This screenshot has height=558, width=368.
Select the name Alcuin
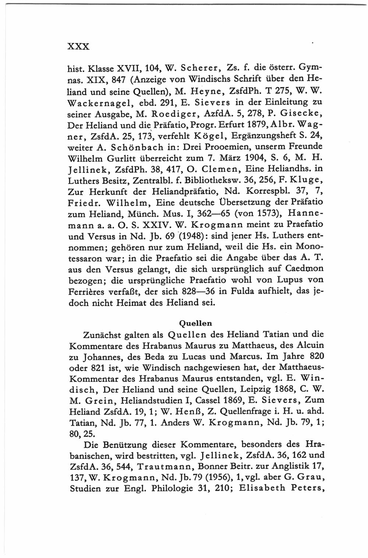click(308, 345)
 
